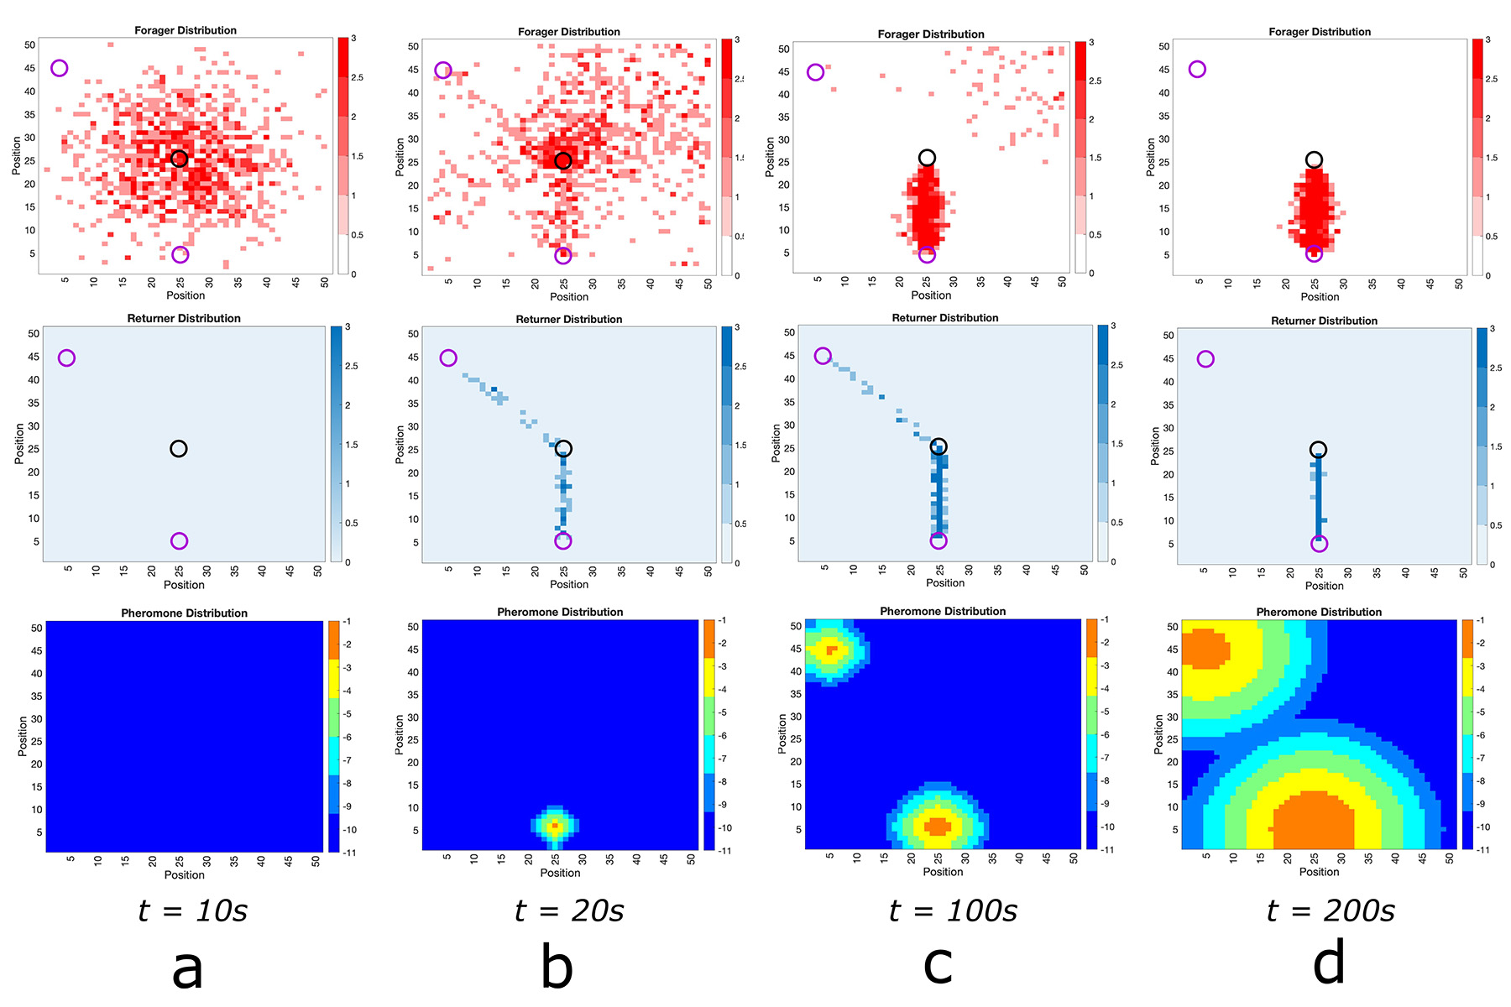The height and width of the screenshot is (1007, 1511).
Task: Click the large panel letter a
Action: (187, 967)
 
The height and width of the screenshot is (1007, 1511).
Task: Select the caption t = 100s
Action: (953, 910)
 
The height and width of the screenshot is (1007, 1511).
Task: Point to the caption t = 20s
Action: (569, 910)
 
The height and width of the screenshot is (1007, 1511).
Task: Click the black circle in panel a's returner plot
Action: (178, 449)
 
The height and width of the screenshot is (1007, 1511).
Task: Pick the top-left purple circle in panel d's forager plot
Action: (1197, 69)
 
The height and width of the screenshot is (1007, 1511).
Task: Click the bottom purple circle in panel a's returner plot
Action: (179, 541)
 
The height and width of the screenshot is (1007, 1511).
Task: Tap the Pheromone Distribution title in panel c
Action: (943, 611)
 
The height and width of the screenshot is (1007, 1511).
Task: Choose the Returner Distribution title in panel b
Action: (569, 320)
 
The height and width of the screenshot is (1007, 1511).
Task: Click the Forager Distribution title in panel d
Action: (1320, 32)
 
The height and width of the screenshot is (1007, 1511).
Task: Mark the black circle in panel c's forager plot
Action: (927, 158)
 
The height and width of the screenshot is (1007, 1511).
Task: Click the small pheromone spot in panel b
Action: (554, 826)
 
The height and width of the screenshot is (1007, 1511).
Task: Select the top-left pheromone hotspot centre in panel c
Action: (831, 650)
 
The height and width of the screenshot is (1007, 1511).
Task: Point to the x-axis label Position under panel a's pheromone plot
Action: (184, 874)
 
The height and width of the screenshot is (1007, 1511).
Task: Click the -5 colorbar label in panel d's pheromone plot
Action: (1482, 712)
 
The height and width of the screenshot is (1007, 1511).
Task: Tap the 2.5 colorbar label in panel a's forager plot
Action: (357, 78)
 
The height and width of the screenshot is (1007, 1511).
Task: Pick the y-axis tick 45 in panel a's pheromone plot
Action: (37, 650)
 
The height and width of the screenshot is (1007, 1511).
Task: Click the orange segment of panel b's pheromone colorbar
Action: (709, 632)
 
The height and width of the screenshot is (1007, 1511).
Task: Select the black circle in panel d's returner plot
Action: (1318, 450)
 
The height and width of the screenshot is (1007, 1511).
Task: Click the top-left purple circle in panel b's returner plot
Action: (448, 358)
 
